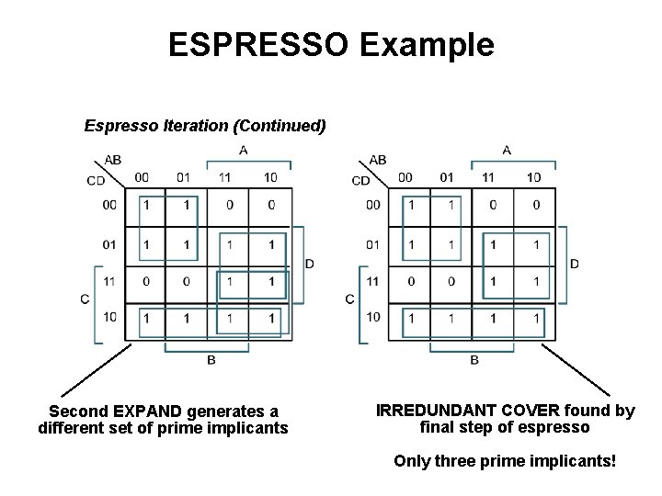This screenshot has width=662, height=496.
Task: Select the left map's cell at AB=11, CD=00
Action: coord(230,205)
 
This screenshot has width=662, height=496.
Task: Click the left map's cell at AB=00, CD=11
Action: coord(145,282)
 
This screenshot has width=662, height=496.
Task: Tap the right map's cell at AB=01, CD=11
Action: coord(451,282)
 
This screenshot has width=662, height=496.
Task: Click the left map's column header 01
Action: coord(183,177)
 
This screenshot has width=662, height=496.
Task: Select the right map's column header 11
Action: coord(488,177)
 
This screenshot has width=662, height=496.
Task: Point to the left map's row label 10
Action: coord(109,318)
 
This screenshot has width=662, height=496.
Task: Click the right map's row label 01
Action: coord(372,245)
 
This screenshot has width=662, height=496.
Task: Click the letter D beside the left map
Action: coord(310,264)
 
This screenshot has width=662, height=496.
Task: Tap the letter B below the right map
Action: coord(474,360)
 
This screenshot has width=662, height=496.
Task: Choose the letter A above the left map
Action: coord(243,150)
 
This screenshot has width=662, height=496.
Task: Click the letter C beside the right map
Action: coord(349,299)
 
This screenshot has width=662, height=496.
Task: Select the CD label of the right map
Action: coord(361,180)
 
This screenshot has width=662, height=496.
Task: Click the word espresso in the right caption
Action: coord(559,427)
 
